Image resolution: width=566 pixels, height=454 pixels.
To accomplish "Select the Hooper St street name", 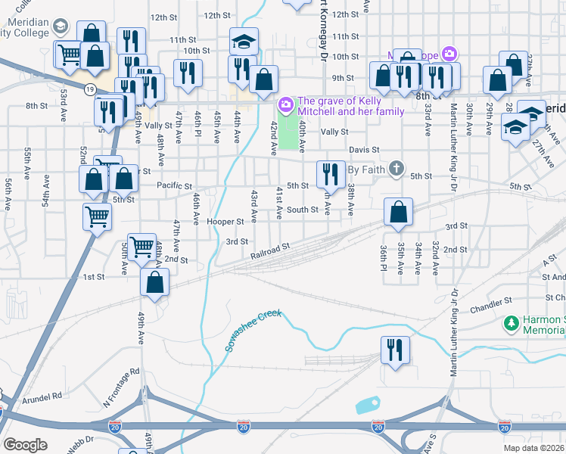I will click(x=225, y=222).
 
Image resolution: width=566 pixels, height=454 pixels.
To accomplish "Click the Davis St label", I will click(x=364, y=150).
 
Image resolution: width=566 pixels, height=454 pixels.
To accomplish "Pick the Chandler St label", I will click(x=491, y=309).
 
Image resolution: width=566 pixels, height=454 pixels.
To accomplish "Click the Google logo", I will click(x=25, y=444).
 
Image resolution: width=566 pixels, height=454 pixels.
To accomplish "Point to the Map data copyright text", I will click(x=533, y=448).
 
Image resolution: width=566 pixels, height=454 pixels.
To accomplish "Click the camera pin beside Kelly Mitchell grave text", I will click(x=286, y=104).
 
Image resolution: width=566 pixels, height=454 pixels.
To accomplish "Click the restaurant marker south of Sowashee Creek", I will click(x=394, y=350).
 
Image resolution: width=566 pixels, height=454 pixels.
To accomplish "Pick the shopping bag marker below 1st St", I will click(x=154, y=284).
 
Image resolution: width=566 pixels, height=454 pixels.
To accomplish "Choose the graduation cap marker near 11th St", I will click(x=244, y=40).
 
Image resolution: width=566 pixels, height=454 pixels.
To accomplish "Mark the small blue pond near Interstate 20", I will click(x=367, y=404).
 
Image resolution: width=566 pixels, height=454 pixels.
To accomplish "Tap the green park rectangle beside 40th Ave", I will click(x=288, y=129).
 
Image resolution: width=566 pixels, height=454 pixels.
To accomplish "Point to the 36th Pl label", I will click(x=384, y=260).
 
